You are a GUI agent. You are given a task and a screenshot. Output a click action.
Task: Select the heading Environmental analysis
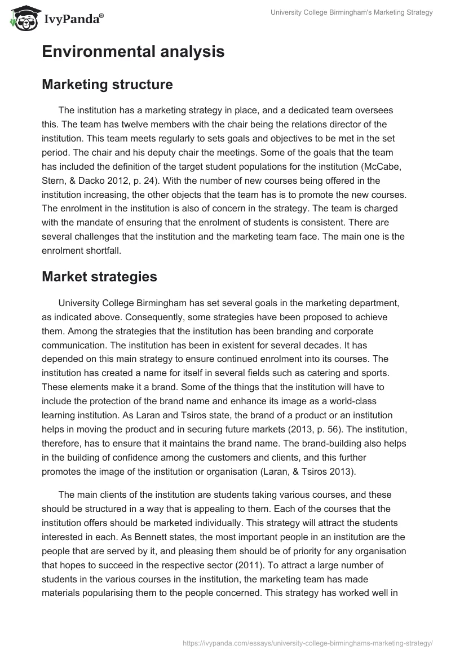pyautogui.click(x=133, y=52)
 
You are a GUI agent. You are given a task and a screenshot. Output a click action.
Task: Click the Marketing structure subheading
pyautogui.click(x=107, y=85)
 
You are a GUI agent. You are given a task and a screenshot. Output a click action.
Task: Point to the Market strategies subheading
pyautogui.click(x=99, y=277)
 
